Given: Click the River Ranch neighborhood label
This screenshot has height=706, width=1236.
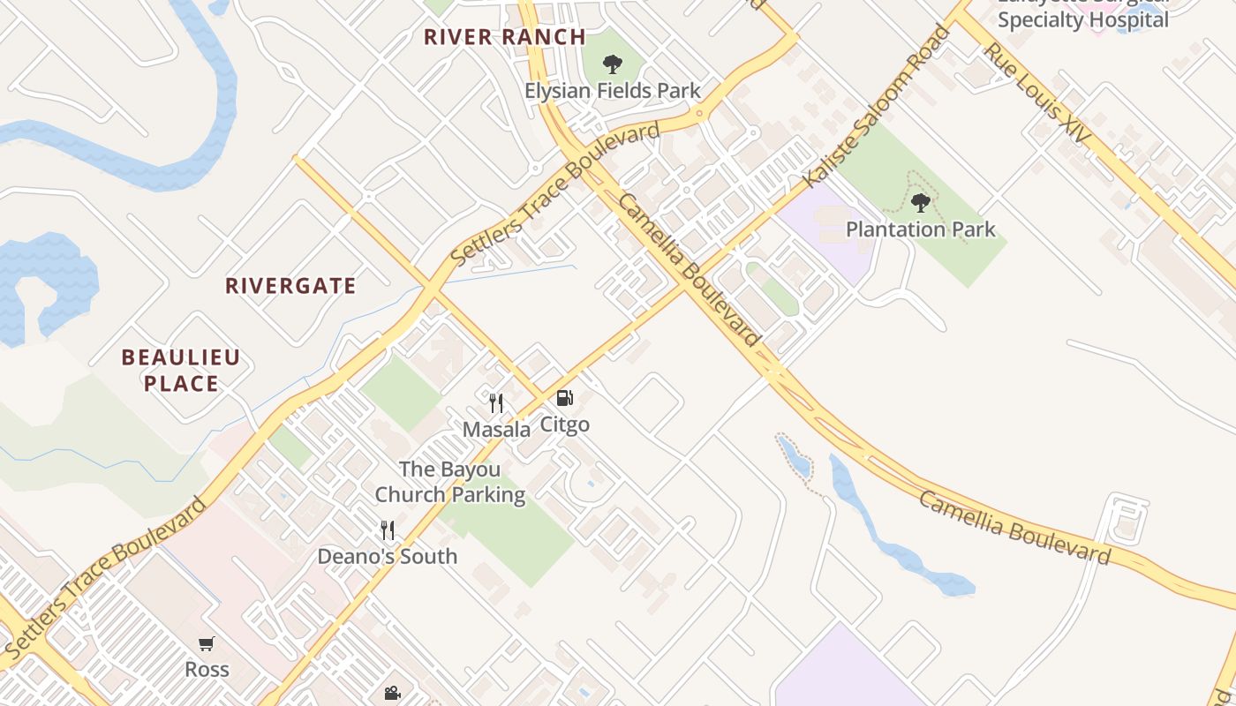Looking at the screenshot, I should pos(504,37).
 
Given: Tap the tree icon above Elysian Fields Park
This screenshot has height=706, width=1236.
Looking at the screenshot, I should pos(612,64).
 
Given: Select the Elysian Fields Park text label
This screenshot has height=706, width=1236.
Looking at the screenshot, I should pos(612,91).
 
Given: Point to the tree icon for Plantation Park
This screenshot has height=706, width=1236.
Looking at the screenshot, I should pos(921,203).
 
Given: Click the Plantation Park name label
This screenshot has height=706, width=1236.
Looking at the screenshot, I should pos(921,229).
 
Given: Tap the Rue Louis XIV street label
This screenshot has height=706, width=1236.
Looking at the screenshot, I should pos(1038,96).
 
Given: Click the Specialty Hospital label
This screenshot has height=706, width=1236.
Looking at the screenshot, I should pos(1083,19).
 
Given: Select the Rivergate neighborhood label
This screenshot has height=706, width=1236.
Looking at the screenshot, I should pos(290,286).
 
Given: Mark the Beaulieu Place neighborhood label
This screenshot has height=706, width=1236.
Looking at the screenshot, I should pos(181,371).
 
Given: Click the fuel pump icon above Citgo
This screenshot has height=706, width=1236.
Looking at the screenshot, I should pos(565,399).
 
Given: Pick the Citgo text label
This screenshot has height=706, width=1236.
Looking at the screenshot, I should pos(564,424).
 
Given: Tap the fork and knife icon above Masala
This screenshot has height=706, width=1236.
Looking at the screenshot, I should pos(496,403).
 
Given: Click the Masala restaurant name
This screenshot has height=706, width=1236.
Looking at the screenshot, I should pos(496,430).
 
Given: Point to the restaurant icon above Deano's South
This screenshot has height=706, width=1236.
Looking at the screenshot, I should pos(388,529).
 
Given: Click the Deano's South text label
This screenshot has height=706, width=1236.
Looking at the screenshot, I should pos(388,557).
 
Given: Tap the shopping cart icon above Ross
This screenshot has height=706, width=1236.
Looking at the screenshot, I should pos(207,643).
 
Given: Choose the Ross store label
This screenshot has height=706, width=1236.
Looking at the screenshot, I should pos(207,670).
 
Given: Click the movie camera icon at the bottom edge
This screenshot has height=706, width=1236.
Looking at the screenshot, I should pos(392,694).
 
